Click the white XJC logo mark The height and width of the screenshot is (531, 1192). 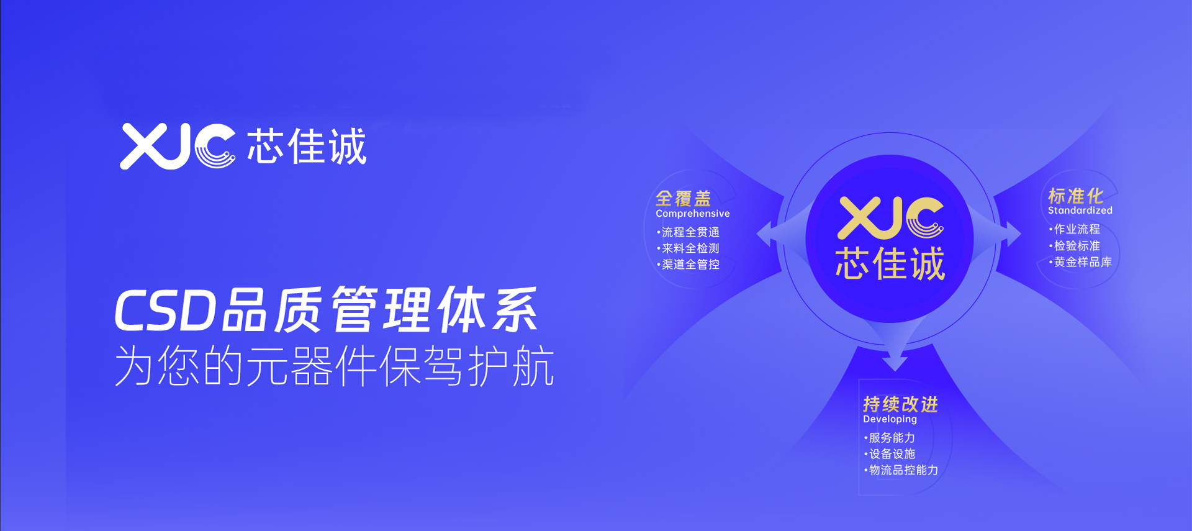pyautogui.click(x=178, y=146)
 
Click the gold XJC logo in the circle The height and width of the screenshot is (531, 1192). pyautogui.click(x=890, y=218)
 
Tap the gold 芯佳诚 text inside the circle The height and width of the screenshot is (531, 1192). pyautogui.click(x=890, y=263)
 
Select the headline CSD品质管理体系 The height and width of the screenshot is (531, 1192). pyautogui.click(x=326, y=309)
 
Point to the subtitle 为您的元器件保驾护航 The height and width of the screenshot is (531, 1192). pyautogui.click(x=334, y=366)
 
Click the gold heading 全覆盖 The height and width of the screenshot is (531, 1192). pyautogui.click(x=683, y=198)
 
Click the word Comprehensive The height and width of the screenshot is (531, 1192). pyautogui.click(x=692, y=214)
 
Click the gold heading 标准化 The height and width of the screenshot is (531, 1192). pyautogui.click(x=1075, y=196)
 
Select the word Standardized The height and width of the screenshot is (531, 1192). pyautogui.click(x=1080, y=211)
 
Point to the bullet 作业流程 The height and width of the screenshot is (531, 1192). pyautogui.click(x=1075, y=229)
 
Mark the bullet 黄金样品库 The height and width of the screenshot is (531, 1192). pyautogui.click(x=1081, y=262)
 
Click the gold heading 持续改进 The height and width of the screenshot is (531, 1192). pyautogui.click(x=900, y=404)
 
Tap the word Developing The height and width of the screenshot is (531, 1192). pyautogui.click(x=890, y=419)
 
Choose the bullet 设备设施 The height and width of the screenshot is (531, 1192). pyautogui.click(x=890, y=454)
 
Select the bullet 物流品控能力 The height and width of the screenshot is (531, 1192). pyautogui.click(x=901, y=470)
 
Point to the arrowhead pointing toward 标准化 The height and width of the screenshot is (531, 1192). pyautogui.click(x=1013, y=234)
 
